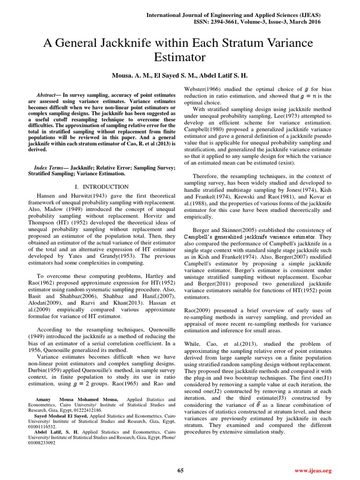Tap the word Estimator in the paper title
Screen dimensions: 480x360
click(180, 58)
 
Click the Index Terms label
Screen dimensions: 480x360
click(50, 168)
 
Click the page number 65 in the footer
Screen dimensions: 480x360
click(180, 470)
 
